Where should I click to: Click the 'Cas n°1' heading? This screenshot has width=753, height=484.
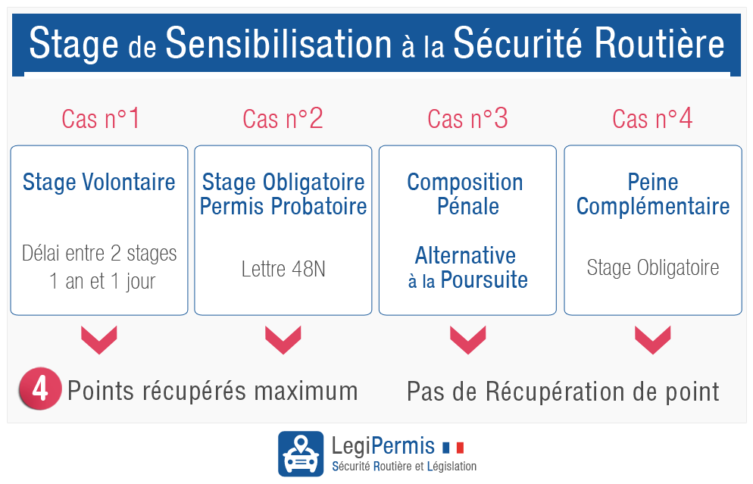click(100, 119)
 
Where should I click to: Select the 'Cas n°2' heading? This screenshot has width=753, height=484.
click(283, 119)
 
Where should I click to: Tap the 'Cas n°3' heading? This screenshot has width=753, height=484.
click(467, 119)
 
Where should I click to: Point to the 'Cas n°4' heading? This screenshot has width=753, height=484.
click(652, 119)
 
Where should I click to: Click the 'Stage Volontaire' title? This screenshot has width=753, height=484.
click(99, 182)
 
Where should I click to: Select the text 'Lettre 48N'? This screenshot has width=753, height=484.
click(283, 269)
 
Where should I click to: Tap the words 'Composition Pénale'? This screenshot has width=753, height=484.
click(465, 194)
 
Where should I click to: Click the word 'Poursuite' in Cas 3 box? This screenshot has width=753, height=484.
click(484, 280)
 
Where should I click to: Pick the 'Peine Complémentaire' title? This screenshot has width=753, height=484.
click(653, 194)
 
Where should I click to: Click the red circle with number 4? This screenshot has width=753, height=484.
click(40, 389)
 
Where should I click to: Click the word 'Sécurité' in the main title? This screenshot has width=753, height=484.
click(517, 43)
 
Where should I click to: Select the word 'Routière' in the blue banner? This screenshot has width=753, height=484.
click(659, 43)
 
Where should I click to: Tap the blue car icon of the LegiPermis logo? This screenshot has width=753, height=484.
click(301, 454)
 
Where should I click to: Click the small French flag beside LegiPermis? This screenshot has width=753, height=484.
click(453, 448)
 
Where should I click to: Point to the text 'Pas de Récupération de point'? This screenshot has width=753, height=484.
click(563, 392)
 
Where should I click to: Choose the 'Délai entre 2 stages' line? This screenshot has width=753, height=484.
click(99, 254)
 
